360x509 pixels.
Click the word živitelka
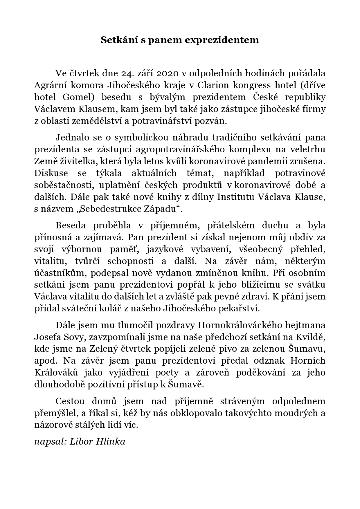[73, 161]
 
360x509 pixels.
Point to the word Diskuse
[51, 173]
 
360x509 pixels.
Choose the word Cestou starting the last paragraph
[70, 401]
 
